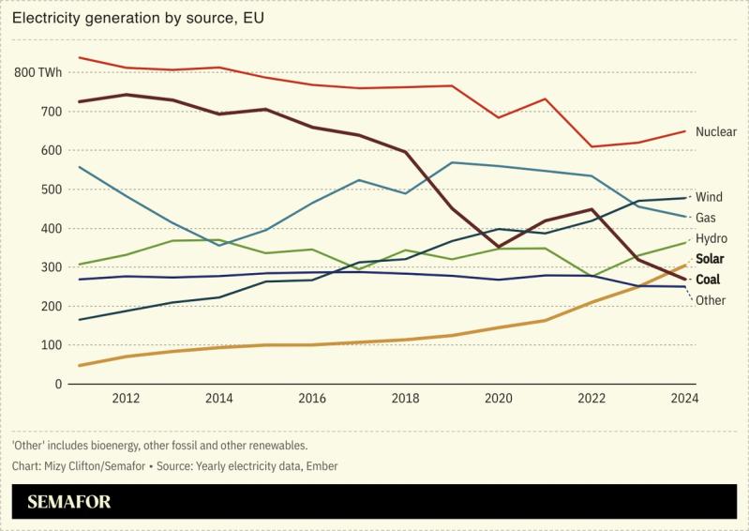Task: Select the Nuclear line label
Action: tap(716, 132)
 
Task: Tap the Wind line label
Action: tap(710, 197)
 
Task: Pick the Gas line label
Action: tap(707, 218)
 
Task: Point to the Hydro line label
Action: tap(712, 238)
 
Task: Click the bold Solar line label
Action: tap(711, 259)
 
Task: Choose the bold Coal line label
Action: tap(709, 279)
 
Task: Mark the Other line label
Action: tap(711, 300)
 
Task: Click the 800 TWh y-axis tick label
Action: tap(38, 73)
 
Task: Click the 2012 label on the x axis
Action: tap(126, 399)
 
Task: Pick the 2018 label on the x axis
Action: tap(405, 399)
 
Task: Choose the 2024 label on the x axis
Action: tap(683, 399)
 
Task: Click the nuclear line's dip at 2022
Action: tap(592, 146)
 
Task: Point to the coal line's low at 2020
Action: tap(499, 247)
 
